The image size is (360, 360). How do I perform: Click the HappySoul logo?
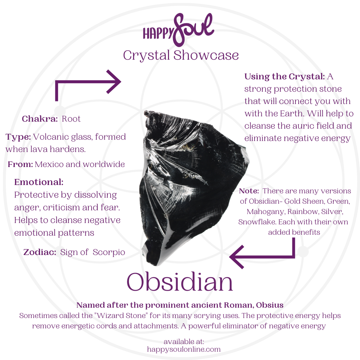178,30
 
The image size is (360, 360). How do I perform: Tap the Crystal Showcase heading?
181,55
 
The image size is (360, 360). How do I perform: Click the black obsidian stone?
187,187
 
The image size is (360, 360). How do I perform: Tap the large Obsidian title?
180,282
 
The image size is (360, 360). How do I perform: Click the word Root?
71,119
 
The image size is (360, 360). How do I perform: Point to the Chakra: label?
40,119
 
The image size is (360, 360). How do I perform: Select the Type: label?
18,137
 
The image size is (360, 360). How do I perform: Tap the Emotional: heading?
39,182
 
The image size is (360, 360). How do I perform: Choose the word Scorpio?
109,252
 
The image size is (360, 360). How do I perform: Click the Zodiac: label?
40,252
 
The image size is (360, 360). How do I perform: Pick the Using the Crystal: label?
284,76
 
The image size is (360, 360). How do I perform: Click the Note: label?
249,191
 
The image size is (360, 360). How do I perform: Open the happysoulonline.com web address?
184,349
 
